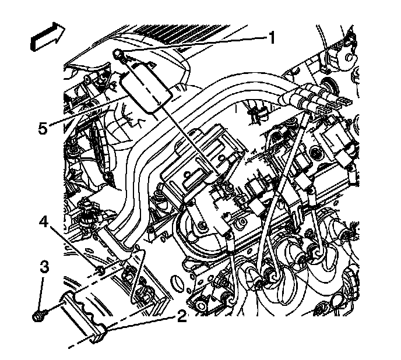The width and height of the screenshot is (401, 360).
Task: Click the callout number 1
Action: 271,38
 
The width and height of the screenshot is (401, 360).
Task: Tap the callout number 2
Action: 182,317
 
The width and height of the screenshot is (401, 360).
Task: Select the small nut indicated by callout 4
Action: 100,270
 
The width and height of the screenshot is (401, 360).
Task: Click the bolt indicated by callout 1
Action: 119,55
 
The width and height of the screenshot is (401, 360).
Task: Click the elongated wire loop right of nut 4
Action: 136,274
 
